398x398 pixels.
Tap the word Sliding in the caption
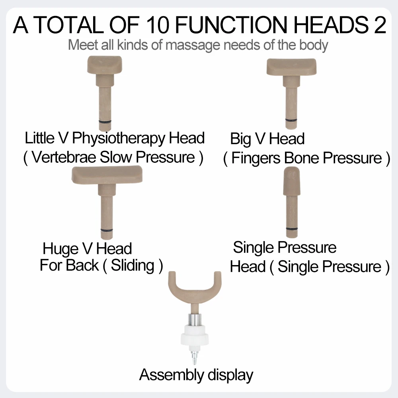pos(133,265)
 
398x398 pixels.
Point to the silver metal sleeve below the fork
pos(195,319)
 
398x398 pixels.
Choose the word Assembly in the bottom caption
pos(167,375)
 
